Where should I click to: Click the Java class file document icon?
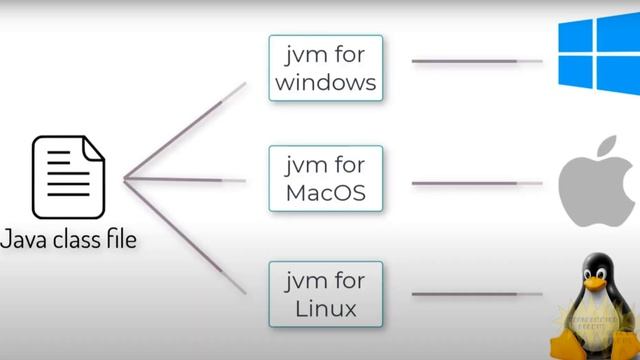pos(68,178)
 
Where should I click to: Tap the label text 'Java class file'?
pos(68,240)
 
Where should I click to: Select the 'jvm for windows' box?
pos(325,67)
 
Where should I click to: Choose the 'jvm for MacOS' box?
pos(325,177)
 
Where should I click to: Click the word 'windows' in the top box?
pos(325,81)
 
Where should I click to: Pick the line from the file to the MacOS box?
pos(185,180)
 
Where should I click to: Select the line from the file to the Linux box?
pos(185,235)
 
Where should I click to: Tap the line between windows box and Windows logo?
pos(477,62)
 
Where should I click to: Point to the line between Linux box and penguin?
pos(477,294)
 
